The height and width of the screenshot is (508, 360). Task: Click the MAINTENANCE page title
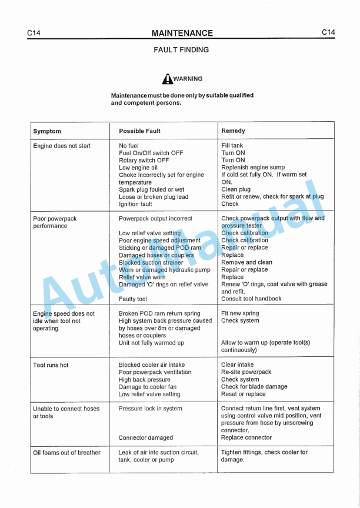click(x=182, y=34)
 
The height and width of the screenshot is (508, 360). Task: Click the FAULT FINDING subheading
click(x=181, y=50)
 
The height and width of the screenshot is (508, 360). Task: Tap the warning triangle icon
click(x=168, y=79)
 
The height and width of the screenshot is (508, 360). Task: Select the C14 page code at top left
click(x=34, y=34)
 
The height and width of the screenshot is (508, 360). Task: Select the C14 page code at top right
click(x=328, y=33)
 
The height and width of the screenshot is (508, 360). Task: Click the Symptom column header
click(x=47, y=131)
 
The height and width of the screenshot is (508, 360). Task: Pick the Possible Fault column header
click(x=139, y=131)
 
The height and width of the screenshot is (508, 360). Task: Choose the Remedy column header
click(x=233, y=131)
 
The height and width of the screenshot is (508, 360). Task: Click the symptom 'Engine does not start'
click(x=62, y=146)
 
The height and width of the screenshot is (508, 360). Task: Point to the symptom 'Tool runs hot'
click(x=51, y=365)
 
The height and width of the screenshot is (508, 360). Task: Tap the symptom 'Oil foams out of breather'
click(x=66, y=453)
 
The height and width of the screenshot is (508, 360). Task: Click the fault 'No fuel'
click(x=129, y=146)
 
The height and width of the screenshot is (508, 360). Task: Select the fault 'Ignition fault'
click(x=135, y=205)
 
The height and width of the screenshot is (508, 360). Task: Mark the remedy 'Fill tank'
click(x=232, y=146)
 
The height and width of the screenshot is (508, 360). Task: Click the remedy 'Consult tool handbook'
click(x=251, y=299)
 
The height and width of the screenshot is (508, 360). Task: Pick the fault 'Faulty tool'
click(x=133, y=299)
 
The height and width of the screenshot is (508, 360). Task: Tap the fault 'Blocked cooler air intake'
click(x=154, y=365)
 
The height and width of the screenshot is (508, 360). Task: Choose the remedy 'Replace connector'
click(x=246, y=438)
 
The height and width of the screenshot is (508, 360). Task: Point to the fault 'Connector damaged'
click(x=146, y=438)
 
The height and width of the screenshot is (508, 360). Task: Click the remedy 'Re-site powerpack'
click(x=246, y=372)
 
